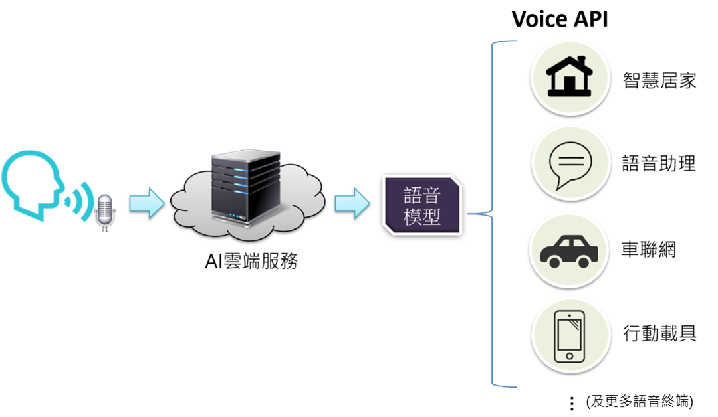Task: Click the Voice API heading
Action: tap(559, 19)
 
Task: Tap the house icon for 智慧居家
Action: tap(569, 77)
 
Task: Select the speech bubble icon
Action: tap(570, 163)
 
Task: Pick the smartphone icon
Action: tap(570, 337)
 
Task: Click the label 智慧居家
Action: tap(659, 80)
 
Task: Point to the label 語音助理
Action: tap(659, 163)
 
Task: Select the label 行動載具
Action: tap(659, 333)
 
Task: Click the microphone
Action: tap(104, 211)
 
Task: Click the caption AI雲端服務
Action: tap(251, 262)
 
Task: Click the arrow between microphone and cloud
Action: tap(146, 203)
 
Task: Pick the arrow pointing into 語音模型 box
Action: tap(352, 203)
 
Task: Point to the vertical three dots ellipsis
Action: tap(571, 403)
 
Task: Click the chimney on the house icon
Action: tap(582, 60)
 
